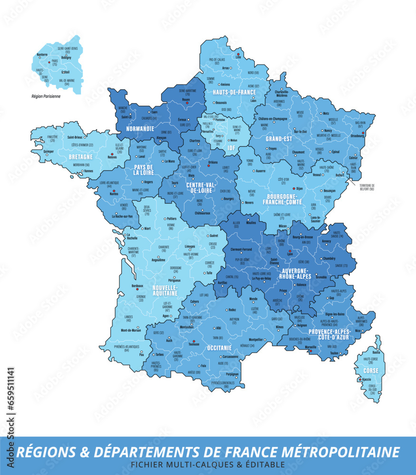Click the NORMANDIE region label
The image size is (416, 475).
point(140,128)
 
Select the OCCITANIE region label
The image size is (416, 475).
point(219,348)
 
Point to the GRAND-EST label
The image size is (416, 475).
point(278,139)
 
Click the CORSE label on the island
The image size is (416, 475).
point(370,370)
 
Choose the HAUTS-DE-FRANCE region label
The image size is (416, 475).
point(227,92)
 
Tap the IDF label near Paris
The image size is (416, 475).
point(232,148)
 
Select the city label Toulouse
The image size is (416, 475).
point(193,344)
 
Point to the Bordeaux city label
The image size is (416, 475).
point(137,285)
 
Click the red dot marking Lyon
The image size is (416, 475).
point(290,250)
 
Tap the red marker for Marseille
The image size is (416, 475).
point(310,351)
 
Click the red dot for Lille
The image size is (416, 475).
point(238,54)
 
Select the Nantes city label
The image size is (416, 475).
point(113,194)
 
